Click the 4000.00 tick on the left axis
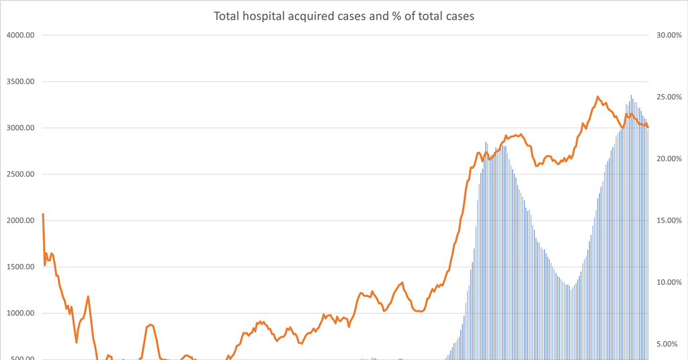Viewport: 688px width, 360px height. tap(20, 36)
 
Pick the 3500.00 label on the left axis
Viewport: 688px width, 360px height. tap(20, 82)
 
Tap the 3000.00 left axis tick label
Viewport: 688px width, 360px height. tap(20, 128)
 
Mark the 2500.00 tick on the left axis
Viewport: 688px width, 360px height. tap(20, 175)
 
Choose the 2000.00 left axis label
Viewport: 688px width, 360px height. tap(20, 221)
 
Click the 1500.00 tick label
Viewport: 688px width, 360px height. tap(20, 267)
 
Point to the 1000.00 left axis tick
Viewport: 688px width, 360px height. tap(20, 314)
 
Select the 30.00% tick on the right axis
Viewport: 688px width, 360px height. tap(669, 36)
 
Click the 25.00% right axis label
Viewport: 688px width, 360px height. tap(669, 97)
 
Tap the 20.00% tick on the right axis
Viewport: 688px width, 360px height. tap(669, 159)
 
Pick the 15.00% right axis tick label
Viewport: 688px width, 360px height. tap(669, 221)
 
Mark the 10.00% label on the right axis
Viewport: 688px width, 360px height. tap(669, 283)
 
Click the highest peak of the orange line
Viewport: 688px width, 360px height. tap(598, 97)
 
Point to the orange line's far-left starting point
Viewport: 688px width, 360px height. tap(43, 214)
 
